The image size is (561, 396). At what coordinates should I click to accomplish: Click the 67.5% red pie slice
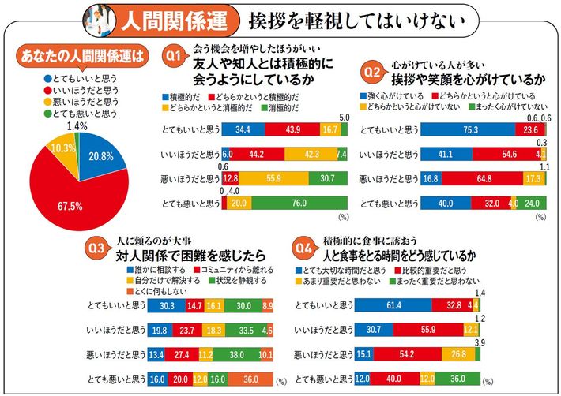[75, 189]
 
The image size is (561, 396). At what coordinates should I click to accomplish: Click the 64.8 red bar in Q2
[479, 179]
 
